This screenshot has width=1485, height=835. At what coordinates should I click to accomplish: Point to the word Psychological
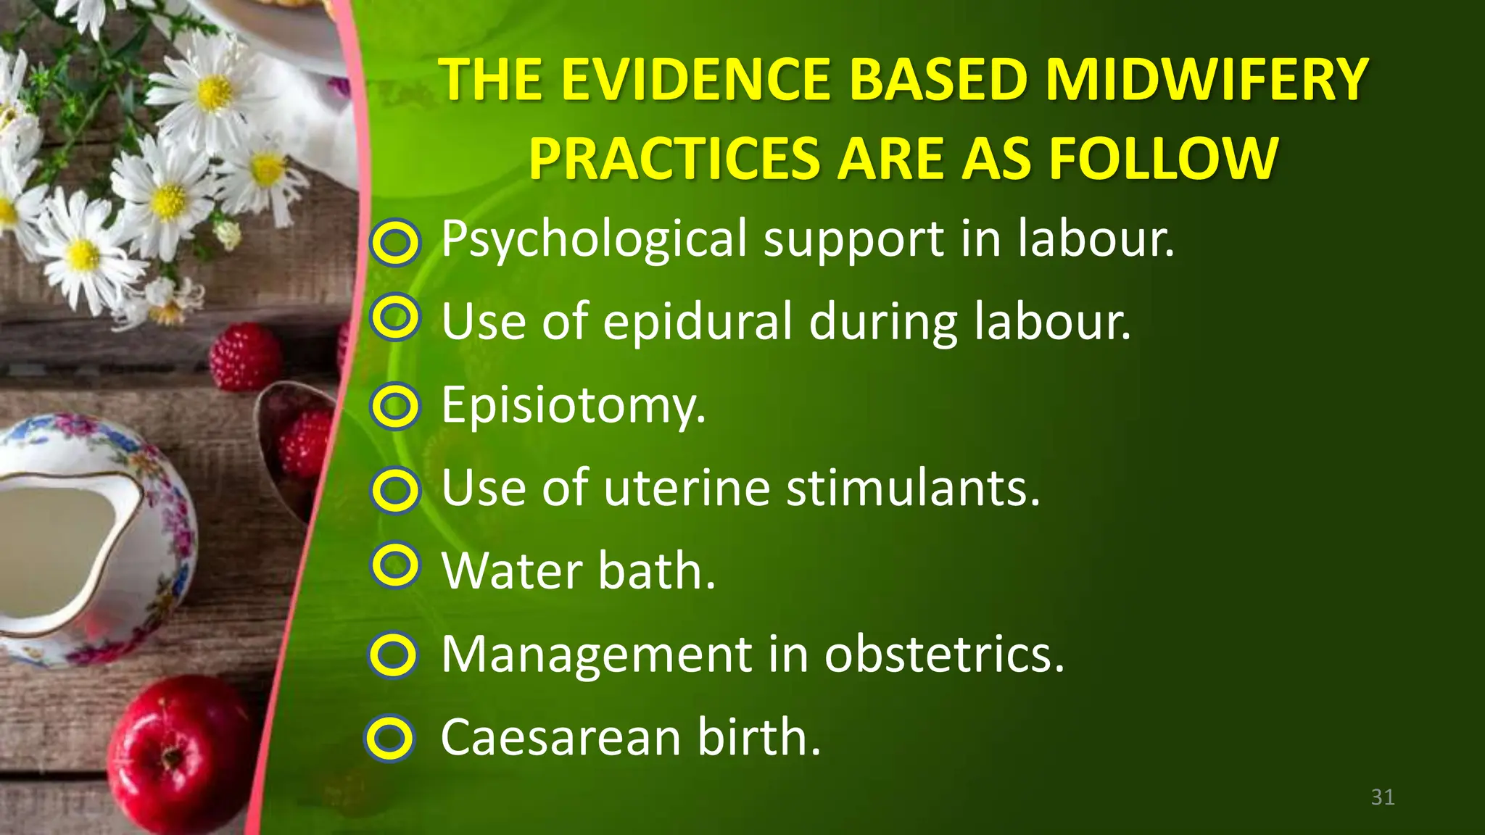[x=594, y=239]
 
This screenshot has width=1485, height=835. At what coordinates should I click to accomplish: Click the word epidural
[x=698, y=321]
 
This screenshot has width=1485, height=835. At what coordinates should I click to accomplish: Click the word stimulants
[x=914, y=488]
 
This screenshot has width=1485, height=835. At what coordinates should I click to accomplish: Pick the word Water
[x=511, y=571]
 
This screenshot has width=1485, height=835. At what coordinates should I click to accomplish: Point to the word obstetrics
[x=944, y=655]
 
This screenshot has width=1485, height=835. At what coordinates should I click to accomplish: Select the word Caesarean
[x=561, y=737]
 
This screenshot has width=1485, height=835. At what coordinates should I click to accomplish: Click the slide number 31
[x=1383, y=797]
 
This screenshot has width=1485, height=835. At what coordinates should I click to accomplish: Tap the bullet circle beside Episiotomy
[x=395, y=406]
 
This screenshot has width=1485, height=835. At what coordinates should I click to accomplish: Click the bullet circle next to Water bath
[x=395, y=565]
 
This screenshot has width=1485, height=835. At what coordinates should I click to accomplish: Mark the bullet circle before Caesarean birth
[x=389, y=739]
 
